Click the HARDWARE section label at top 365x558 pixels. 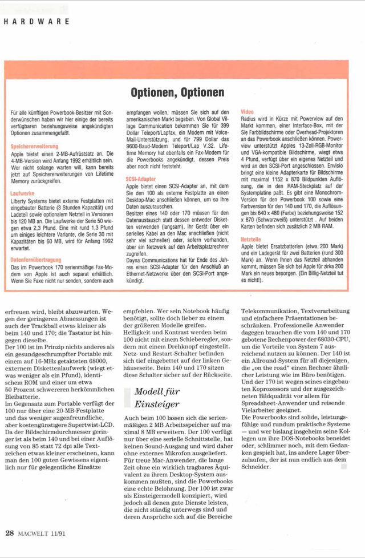coord(37,22)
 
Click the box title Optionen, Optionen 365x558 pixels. coord(177,92)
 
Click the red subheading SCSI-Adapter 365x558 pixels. coord(140,179)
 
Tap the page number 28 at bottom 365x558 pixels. coord(10,533)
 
